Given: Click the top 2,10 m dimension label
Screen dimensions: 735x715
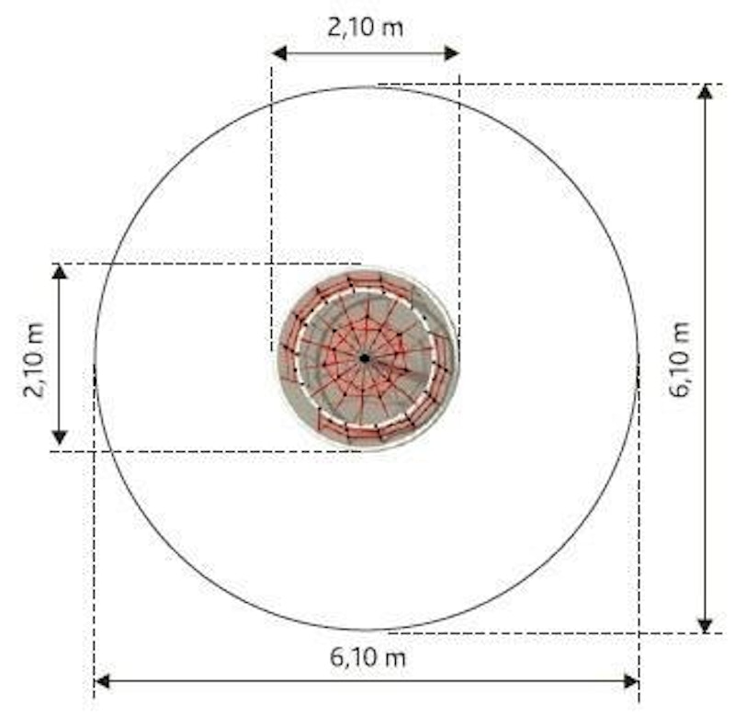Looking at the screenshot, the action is pos(365,28).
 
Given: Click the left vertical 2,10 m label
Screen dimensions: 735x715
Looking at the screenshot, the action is pos(34,360).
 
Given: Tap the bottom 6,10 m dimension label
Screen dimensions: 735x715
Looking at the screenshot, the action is pos(367,657).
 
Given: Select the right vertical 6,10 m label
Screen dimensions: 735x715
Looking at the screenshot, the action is pos(679,359).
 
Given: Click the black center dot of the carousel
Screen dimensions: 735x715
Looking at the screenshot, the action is pos(364,358).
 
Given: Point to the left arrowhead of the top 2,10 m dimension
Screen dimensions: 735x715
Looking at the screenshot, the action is pos(279,53).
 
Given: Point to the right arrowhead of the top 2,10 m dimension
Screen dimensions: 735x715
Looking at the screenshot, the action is pos(451,53).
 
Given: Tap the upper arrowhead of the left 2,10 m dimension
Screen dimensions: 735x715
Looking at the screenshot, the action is pos(59,271).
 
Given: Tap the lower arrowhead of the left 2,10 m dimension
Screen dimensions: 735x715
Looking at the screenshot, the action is pos(59,437).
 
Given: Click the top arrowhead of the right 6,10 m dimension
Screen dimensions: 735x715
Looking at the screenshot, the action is pos(705,92).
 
